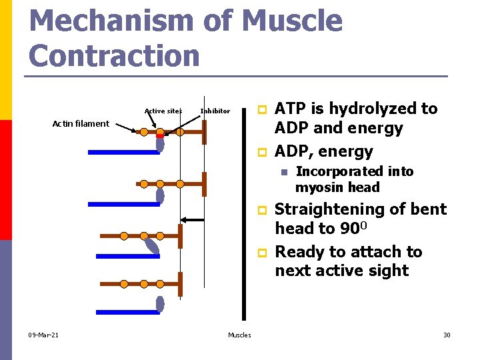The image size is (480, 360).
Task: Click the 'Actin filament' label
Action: click(x=81, y=123)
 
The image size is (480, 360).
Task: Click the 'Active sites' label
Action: click(x=163, y=111)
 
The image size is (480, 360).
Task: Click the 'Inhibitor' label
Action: click(x=215, y=111)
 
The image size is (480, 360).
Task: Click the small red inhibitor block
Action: click(x=160, y=136)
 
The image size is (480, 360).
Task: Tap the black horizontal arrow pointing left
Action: click(x=193, y=219)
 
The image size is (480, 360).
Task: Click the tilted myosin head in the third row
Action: click(x=153, y=246)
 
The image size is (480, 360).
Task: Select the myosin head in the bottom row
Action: click(x=160, y=304)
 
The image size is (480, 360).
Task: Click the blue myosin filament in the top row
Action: click(x=123, y=153)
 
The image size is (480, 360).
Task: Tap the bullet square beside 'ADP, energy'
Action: click(x=262, y=152)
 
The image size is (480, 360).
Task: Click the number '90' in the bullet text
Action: click(x=349, y=229)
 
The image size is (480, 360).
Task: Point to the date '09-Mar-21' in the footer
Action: click(x=43, y=335)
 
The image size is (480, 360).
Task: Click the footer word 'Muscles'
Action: click(x=239, y=335)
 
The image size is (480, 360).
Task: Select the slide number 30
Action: click(x=447, y=335)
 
